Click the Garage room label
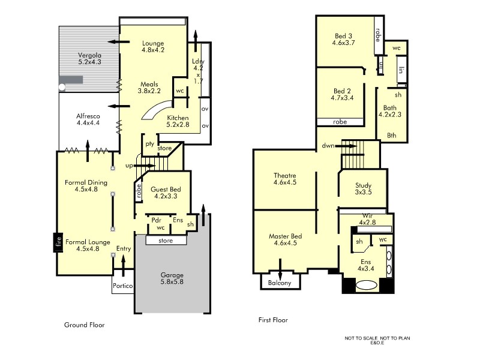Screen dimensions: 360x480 click(172, 280)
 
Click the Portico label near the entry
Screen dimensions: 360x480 click(122, 286)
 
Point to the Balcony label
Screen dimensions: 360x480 click(280, 283)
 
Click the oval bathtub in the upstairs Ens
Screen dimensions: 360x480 click(368, 286)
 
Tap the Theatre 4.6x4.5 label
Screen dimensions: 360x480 click(284, 179)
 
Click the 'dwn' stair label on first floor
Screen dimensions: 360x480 click(328, 145)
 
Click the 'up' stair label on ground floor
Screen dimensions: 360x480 click(129, 166)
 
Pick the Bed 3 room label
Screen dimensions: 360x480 click(344, 39)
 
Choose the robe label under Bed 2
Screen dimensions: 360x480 click(340, 122)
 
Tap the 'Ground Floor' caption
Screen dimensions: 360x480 click(85, 325)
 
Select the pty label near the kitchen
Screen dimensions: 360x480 click(148, 144)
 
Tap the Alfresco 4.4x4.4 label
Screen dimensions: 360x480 click(88, 119)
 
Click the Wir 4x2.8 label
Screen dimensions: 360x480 click(367, 219)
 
